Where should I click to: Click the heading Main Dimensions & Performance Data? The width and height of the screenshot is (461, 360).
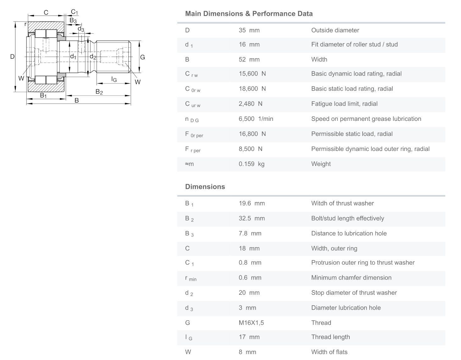249,14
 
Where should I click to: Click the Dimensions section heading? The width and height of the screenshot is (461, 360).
205,187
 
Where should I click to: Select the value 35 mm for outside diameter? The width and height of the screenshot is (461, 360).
249,30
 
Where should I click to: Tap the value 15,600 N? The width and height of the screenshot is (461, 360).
252,74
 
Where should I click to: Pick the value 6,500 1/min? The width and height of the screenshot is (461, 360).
256,119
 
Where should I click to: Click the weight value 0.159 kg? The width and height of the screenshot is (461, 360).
251,164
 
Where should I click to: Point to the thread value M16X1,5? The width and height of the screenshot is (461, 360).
251,323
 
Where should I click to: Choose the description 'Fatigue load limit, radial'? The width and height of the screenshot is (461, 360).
344,104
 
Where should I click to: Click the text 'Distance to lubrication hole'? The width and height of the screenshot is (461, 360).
349,233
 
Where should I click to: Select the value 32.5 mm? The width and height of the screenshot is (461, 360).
252,218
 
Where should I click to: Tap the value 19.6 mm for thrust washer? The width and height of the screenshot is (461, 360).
252,203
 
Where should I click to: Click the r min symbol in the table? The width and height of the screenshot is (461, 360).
191,278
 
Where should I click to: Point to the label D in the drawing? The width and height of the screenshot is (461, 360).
12,57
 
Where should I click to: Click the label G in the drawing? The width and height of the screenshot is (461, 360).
142,57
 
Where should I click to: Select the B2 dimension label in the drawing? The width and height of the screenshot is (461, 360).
99,92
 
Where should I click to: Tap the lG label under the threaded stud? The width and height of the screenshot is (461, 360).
114,79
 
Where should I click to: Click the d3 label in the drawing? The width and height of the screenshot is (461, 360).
81,29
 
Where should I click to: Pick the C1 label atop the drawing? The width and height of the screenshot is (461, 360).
74,12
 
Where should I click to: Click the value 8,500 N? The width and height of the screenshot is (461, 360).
250,149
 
